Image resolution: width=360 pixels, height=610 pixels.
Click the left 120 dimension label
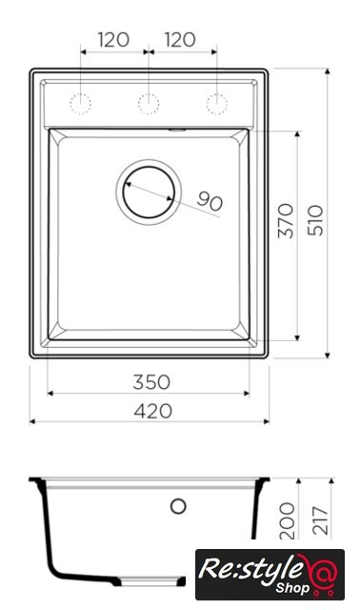(x=113, y=40)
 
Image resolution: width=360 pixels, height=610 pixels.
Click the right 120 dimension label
(x=180, y=40)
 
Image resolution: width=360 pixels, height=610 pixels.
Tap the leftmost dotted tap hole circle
(x=80, y=104)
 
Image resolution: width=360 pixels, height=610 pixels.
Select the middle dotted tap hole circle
(x=149, y=104)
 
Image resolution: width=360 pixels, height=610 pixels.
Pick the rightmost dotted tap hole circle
(x=216, y=104)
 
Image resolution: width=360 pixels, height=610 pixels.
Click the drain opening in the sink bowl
(x=149, y=193)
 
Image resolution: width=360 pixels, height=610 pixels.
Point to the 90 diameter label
(x=210, y=201)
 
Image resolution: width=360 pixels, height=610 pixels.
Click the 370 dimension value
(x=286, y=220)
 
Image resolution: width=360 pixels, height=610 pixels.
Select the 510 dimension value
(x=315, y=220)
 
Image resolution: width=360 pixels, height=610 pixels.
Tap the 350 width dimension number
(x=151, y=382)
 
